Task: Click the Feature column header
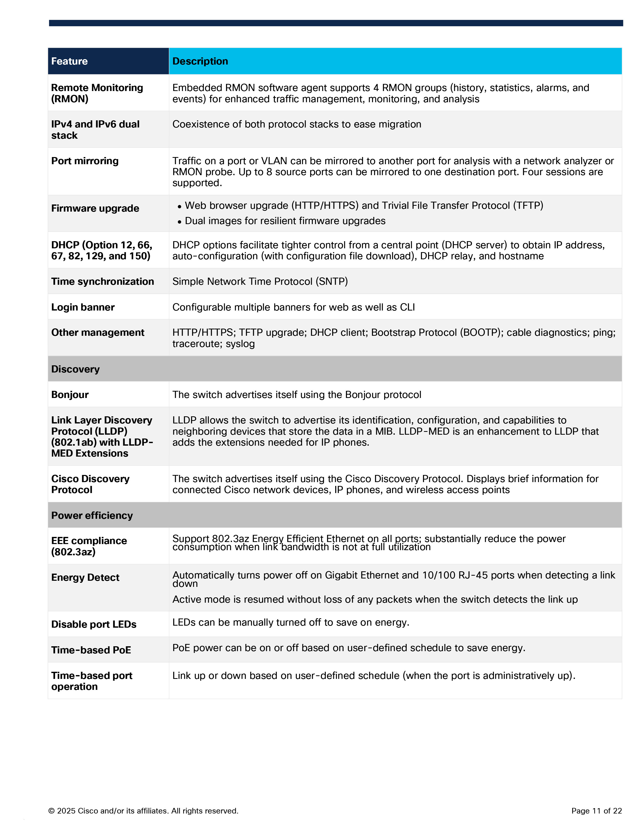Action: [x=69, y=61]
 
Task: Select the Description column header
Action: [x=200, y=61]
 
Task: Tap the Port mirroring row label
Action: [x=85, y=161]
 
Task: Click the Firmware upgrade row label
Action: [x=95, y=208]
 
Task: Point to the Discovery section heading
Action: [x=75, y=369]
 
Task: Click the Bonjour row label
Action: [x=70, y=394]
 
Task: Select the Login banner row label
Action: [x=83, y=307]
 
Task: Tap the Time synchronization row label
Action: [x=103, y=281]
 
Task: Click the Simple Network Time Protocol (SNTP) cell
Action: [x=260, y=281]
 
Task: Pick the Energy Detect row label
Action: [x=85, y=577]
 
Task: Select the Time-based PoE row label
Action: [x=91, y=650]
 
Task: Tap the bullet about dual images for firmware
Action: [x=285, y=221]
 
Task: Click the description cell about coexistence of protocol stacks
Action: [x=297, y=124]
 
